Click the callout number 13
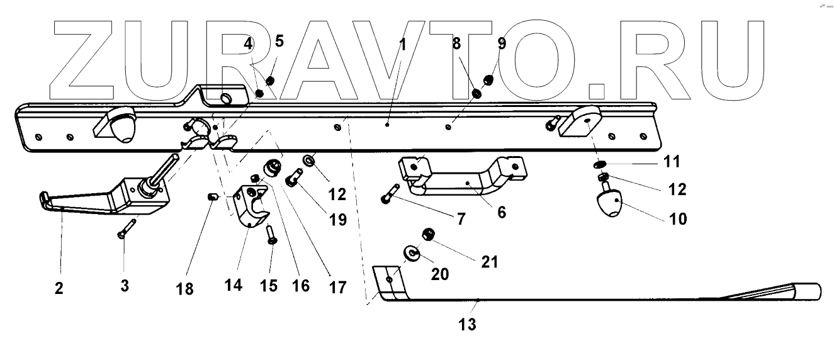click(x=467, y=325)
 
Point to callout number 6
click(x=501, y=212)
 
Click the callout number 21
click(x=489, y=261)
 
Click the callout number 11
click(x=672, y=162)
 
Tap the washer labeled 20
click(x=412, y=253)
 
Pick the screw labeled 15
click(x=271, y=236)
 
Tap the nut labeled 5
click(x=271, y=81)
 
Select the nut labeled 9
click(x=487, y=80)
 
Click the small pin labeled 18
click(x=212, y=198)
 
